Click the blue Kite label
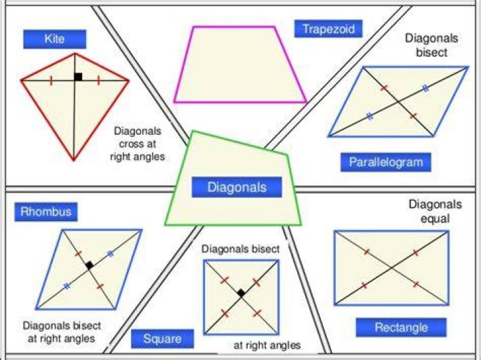pyautogui.click(x=55, y=39)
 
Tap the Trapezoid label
pyautogui.click(x=328, y=29)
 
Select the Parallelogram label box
pyautogui.click(x=386, y=162)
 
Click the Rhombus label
pyautogui.click(x=46, y=212)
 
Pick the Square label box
pyautogui.click(x=162, y=339)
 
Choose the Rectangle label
pyautogui.click(x=402, y=327)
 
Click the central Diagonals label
pyautogui.click(x=236, y=187)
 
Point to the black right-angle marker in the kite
pyautogui.click(x=78, y=77)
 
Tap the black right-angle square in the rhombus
pyautogui.click(x=90, y=265)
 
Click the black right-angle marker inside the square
pyautogui.click(x=241, y=293)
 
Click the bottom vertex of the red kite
pyautogui.click(x=73, y=160)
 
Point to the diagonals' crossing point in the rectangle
pyautogui.click(x=391, y=268)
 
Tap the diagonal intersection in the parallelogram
pyautogui.click(x=398, y=102)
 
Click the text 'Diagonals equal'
pyautogui.click(x=435, y=212)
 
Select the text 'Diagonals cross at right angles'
pyautogui.click(x=138, y=144)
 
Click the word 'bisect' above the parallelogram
pyautogui.click(x=432, y=53)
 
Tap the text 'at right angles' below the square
pyautogui.click(x=267, y=345)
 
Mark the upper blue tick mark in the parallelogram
pyautogui.click(x=426, y=88)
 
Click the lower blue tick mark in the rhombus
pyautogui.click(x=67, y=286)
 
